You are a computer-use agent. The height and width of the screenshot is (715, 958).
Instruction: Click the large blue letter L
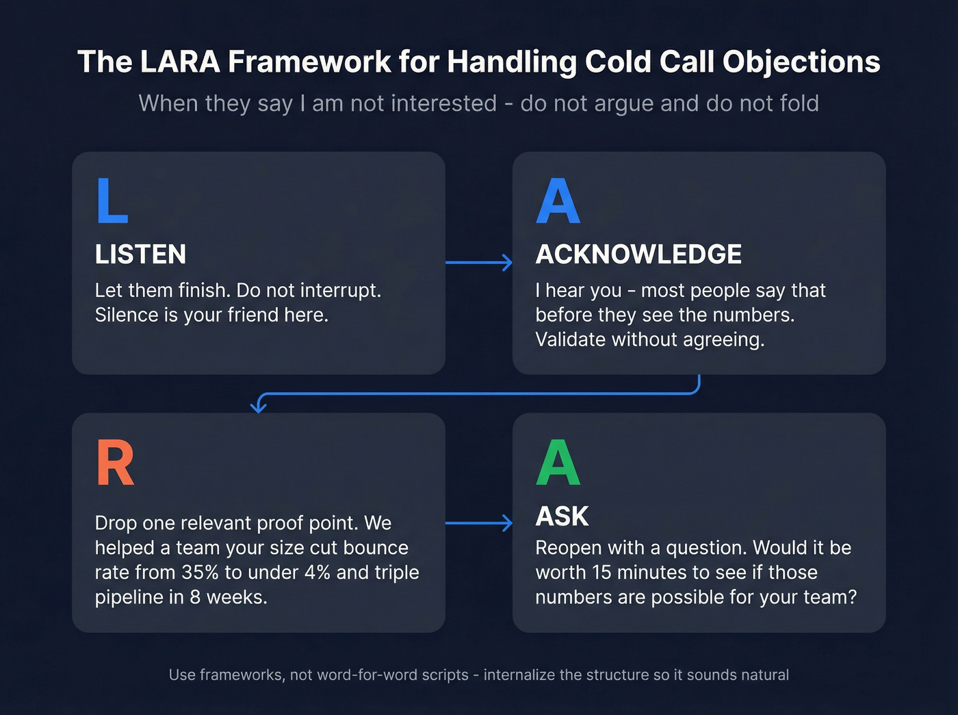(x=112, y=200)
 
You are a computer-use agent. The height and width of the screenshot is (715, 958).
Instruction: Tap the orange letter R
(x=115, y=463)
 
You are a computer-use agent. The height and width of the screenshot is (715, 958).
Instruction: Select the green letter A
(x=558, y=463)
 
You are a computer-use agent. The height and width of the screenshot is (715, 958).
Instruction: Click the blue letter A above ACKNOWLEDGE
(x=558, y=201)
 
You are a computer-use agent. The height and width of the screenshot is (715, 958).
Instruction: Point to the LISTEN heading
(x=140, y=255)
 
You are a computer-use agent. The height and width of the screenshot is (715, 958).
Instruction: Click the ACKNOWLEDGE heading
(x=638, y=255)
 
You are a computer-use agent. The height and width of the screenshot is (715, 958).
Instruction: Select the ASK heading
(x=562, y=517)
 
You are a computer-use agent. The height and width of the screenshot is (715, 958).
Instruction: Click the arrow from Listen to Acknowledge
(x=479, y=262)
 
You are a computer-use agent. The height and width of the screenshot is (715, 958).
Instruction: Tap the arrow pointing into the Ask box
(x=479, y=523)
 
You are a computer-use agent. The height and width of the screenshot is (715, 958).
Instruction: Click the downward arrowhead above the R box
(x=258, y=406)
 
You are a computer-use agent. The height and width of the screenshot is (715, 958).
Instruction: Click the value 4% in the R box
(x=318, y=572)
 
